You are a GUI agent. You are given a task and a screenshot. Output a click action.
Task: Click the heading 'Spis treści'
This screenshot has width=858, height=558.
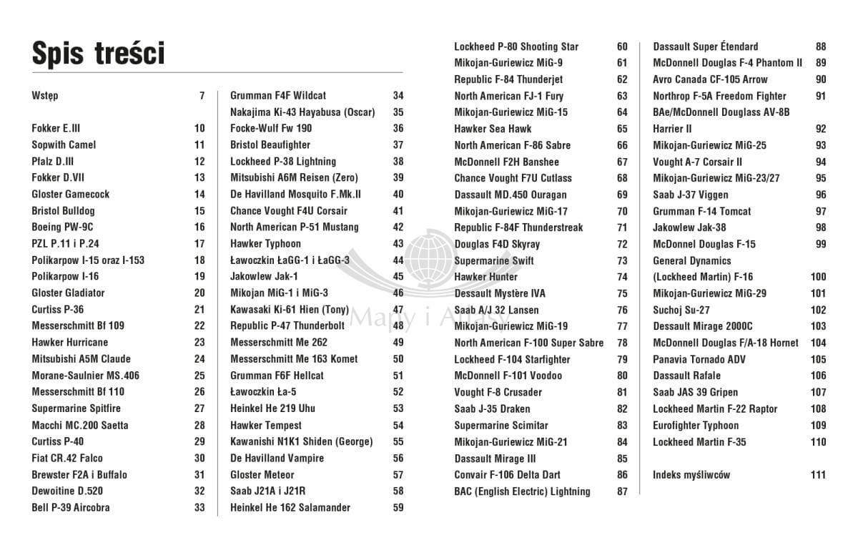99,54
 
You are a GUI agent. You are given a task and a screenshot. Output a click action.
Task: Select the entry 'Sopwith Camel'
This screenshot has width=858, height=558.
64,145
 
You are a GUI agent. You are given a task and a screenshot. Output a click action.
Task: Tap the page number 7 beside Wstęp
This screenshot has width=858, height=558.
202,95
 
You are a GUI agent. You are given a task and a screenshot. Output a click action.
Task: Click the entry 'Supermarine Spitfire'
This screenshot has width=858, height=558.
76,408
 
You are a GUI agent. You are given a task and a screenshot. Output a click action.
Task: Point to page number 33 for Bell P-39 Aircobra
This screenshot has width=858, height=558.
199,507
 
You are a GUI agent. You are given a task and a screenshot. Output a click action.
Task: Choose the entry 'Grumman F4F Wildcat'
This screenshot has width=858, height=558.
278,95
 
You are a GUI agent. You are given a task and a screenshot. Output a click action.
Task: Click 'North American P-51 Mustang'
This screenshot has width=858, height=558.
295,227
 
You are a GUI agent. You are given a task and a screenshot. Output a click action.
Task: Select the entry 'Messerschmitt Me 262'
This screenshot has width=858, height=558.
279,342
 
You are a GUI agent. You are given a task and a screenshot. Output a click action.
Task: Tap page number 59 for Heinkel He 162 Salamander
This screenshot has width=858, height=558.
398,507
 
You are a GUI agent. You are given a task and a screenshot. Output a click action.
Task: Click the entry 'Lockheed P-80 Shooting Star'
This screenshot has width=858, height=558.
516,46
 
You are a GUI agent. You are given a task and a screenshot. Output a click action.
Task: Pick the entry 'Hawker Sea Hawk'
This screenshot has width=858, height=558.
493,129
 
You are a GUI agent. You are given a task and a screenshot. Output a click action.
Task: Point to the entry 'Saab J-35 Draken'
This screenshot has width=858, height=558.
492,408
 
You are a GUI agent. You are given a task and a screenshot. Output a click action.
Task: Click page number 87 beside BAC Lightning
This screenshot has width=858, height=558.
622,491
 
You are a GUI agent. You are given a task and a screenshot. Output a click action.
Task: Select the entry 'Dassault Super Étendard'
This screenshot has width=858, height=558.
705,46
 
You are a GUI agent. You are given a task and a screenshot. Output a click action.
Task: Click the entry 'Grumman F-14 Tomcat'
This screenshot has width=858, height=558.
701,211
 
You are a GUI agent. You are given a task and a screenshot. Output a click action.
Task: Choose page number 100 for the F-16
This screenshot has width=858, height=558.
818,277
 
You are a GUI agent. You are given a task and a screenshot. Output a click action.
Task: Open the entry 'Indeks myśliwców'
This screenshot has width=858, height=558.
691,474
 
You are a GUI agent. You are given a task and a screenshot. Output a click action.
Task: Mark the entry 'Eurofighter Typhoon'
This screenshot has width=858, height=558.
696,425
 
